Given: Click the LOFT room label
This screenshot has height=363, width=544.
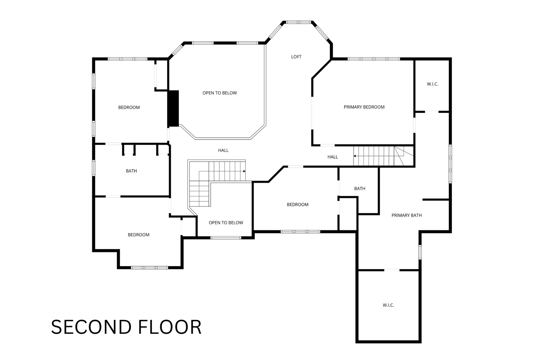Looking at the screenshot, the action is [x=296, y=57].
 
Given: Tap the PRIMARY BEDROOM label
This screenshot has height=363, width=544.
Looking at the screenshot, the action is [x=364, y=107].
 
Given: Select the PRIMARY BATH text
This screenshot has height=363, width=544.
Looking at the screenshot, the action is [x=406, y=215].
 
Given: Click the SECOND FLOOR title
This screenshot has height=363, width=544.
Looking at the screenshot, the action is [x=126, y=327].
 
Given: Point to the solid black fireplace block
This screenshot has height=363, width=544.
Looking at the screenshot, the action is [x=174, y=108].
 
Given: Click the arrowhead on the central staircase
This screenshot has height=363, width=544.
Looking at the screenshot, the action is [x=244, y=171].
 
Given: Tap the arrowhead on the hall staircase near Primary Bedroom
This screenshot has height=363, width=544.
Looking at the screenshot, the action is [x=355, y=156].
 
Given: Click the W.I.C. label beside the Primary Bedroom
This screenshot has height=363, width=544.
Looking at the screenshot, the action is [x=432, y=84].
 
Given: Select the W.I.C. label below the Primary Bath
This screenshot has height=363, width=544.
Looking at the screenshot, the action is [x=388, y=305].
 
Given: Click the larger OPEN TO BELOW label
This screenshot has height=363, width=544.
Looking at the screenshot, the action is [x=220, y=93].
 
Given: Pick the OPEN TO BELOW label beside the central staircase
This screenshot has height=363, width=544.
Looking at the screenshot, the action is [x=226, y=223].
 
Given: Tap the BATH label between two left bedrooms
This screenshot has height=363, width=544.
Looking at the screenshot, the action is [x=131, y=171].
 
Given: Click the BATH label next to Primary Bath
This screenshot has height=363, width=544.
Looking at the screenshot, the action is [x=360, y=189].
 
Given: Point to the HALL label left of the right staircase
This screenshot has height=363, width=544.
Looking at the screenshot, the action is [x=333, y=157].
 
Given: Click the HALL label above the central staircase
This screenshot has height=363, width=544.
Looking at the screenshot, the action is [x=223, y=151].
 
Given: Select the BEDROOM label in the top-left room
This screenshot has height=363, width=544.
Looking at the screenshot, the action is [x=129, y=108].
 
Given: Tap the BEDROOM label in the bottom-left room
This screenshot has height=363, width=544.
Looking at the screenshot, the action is [x=139, y=235].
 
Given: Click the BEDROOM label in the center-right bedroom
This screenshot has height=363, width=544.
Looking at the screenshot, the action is [x=298, y=205].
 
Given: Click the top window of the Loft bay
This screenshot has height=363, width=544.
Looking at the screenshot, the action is [x=299, y=22].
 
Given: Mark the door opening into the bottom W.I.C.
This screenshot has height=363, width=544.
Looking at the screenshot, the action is [x=392, y=270].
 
